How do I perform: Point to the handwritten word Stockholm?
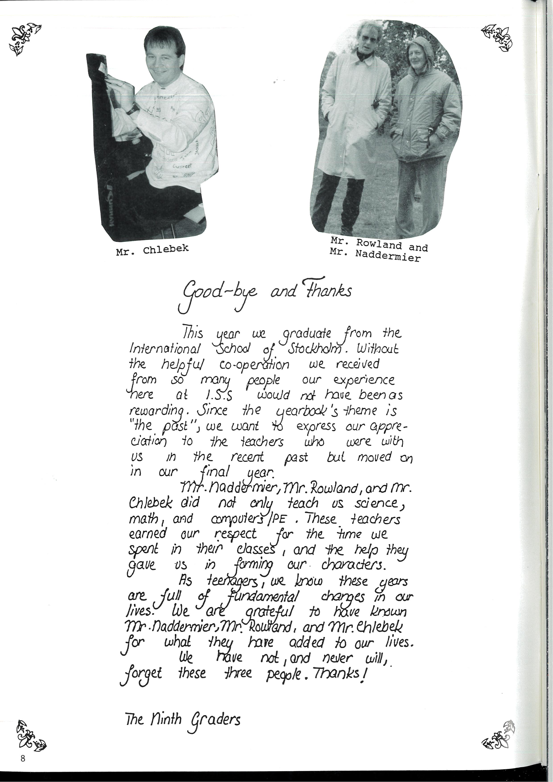[314, 349]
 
